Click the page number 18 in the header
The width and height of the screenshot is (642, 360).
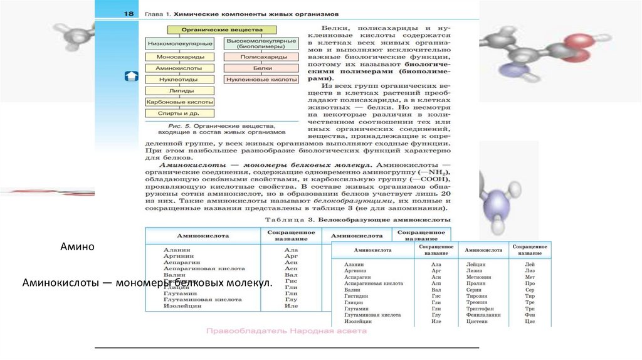[129, 13]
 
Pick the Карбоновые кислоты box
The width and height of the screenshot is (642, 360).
[181, 102]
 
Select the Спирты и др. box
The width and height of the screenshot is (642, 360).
[181, 113]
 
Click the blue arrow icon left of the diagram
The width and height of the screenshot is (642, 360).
[132, 76]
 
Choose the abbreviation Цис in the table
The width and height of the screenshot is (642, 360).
[530, 321]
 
